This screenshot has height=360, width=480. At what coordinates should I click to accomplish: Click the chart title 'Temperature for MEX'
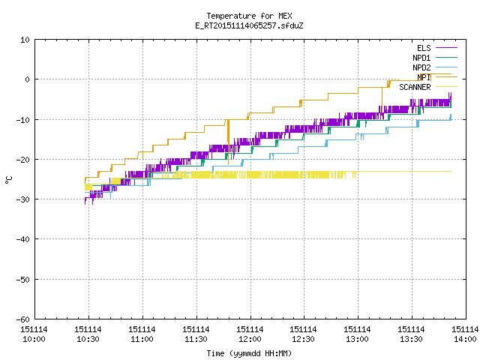249,16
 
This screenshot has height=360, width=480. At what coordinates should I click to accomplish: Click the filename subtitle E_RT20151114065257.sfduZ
249,25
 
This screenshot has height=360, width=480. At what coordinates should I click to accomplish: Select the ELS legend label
424,48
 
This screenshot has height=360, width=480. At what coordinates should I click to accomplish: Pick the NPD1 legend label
421,58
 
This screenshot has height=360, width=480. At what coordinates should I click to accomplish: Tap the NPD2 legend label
421,67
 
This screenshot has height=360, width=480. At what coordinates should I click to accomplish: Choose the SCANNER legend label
415,87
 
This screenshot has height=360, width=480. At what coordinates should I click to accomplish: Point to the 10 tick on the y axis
25,40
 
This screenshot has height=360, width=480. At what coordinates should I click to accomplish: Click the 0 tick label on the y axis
27,79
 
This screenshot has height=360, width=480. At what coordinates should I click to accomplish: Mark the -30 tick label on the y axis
23,199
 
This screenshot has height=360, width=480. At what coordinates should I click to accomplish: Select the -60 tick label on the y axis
23,319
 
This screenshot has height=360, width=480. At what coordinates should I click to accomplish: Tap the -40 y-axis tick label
23,239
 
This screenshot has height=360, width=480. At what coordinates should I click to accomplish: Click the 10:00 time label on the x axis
34,339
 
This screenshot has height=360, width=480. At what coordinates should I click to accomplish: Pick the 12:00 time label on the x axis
250,339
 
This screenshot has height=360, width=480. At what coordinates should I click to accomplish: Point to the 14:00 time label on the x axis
465,339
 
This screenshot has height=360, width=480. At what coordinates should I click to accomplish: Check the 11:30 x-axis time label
196,339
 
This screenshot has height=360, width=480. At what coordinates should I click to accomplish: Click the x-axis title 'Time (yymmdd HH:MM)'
249,353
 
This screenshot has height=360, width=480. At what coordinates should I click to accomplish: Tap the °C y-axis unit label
9,180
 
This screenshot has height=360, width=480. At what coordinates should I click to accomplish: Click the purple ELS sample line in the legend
446,48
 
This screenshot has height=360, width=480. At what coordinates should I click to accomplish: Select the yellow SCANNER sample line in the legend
446,87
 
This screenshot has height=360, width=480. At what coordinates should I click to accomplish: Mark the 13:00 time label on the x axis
357,339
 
